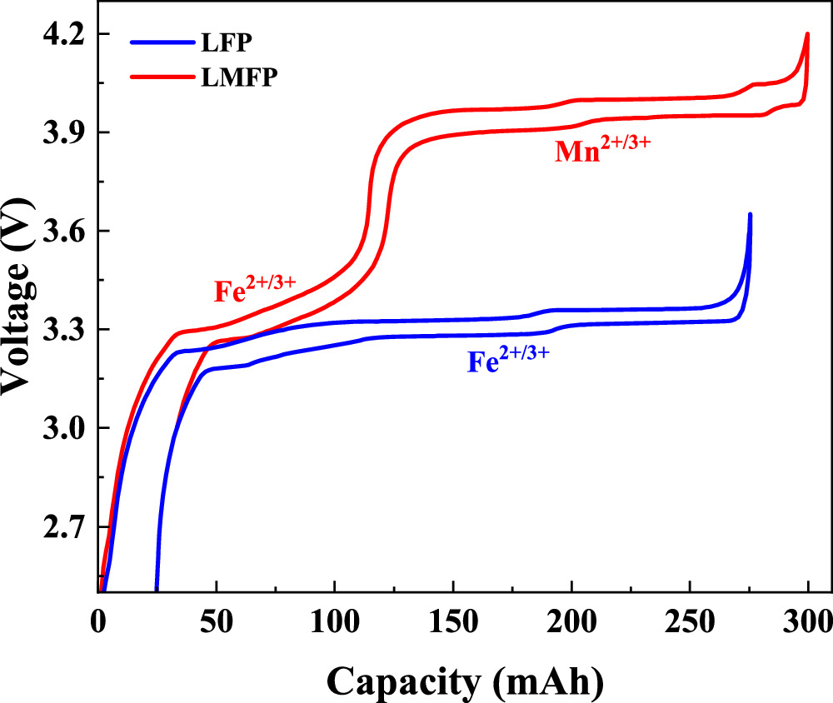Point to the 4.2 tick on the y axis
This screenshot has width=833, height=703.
pyautogui.click(x=66, y=34)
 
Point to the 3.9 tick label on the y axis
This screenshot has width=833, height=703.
pyautogui.click(x=66, y=132)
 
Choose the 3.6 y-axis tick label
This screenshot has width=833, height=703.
pyautogui.click(x=66, y=232)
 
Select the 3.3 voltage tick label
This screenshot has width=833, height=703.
pyautogui.click(x=66, y=330)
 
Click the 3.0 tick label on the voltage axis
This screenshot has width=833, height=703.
pyautogui.click(x=66, y=428)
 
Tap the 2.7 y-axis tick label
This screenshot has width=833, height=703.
pyautogui.click(x=66, y=527)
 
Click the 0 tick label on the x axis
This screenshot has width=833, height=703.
pyautogui.click(x=98, y=621)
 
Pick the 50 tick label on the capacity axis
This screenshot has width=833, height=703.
pyautogui.click(x=217, y=621)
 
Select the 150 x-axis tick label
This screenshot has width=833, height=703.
pyautogui.click(x=452, y=621)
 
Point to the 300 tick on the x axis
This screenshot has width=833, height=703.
pyautogui.click(x=807, y=621)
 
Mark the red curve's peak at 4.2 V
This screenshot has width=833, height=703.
pyautogui.click(x=807, y=35)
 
